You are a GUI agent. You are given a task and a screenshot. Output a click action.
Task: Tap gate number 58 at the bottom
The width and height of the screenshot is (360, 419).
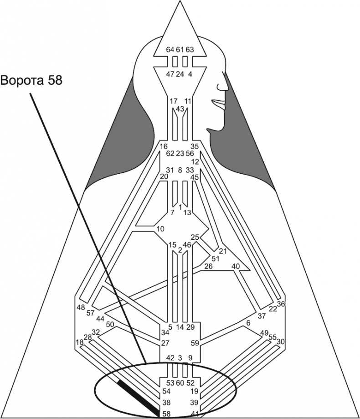coord(166,413)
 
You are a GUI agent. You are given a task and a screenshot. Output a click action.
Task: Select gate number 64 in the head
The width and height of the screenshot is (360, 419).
coord(170,49)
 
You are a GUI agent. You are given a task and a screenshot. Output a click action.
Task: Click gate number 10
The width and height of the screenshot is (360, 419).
coord(160,228)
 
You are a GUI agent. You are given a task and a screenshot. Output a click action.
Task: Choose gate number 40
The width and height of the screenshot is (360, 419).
coord(236,266)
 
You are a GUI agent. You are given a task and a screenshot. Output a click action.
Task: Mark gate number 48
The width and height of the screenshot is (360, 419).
coord(81,307)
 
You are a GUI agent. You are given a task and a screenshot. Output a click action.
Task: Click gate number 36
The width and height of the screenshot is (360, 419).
coord(281,304)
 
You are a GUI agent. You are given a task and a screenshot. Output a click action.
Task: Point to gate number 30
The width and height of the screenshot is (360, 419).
coord(281,341)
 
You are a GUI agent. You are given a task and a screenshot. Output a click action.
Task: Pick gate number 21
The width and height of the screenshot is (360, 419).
coord(223,251)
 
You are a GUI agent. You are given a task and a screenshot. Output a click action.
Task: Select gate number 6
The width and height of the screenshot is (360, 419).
coord(248,323)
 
